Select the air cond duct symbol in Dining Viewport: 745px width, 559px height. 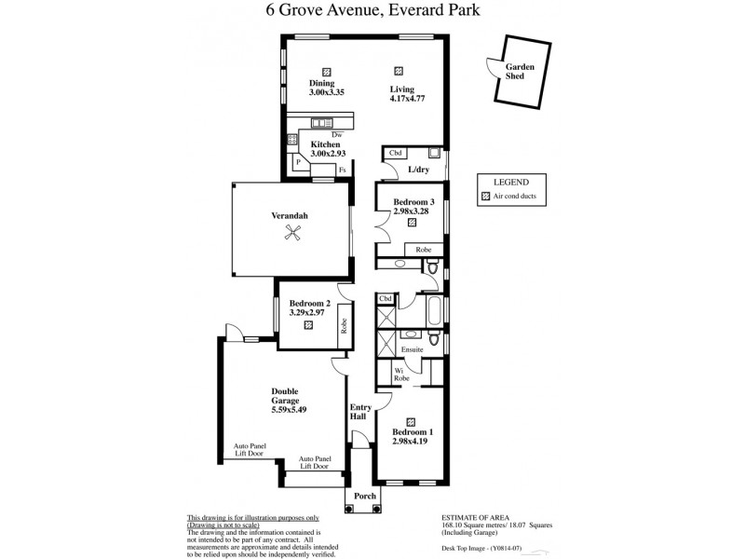click(x=326, y=71)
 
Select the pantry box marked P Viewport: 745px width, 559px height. click(x=298, y=162)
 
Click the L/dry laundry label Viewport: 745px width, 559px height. click(x=417, y=170)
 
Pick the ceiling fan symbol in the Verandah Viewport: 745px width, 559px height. click(x=294, y=236)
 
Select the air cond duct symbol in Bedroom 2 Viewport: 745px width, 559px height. click(x=307, y=325)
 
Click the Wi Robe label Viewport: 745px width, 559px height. click(x=401, y=375)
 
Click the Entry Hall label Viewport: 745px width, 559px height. click(x=359, y=413)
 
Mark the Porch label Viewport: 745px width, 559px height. click(x=364, y=496)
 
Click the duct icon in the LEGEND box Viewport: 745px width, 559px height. click(x=485, y=198)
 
